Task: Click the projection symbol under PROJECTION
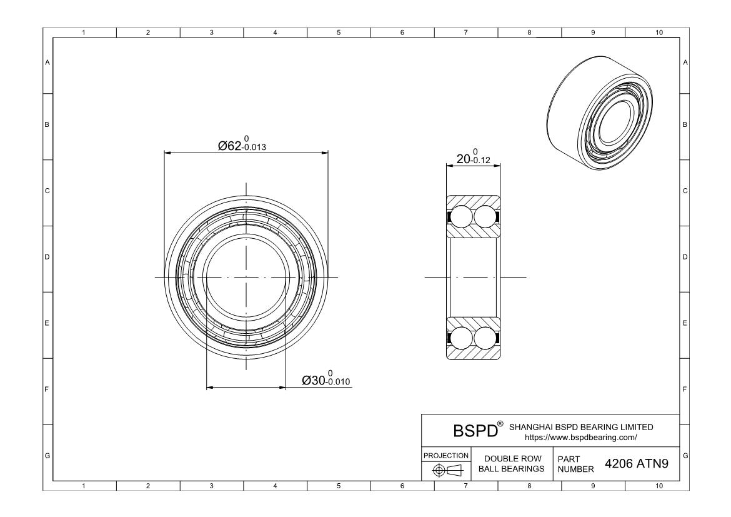point(446,470)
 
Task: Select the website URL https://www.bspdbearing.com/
point(581,437)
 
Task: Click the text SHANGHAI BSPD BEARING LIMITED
point(581,427)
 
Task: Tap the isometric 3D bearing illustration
point(604,112)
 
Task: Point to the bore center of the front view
point(246,277)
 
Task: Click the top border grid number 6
point(402,33)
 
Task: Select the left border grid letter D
point(47,257)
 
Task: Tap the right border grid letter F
point(685,389)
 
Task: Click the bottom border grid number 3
point(212,485)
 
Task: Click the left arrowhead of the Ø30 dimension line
point(210,388)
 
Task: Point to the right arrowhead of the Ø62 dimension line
point(325,152)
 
